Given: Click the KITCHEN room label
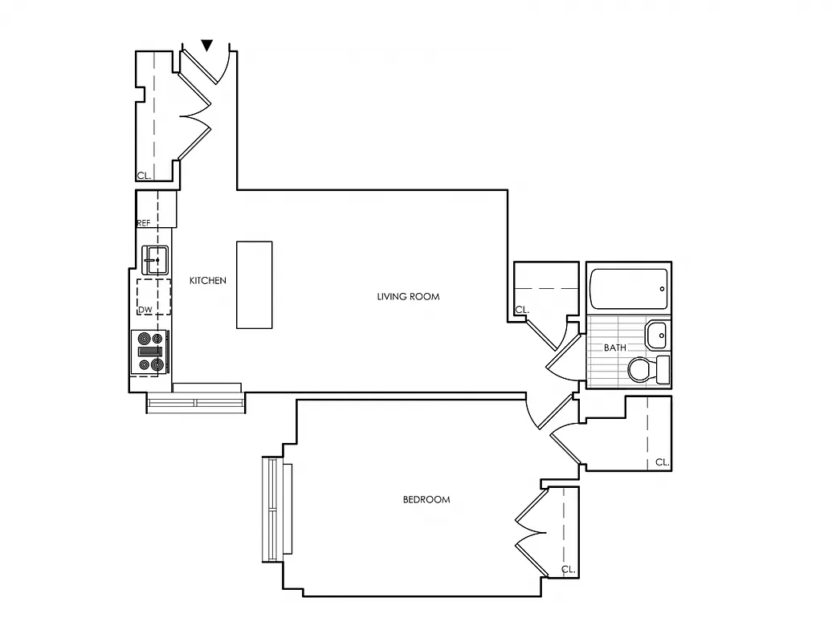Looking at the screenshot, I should click(207, 281).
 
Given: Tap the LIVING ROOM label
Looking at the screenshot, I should click(408, 297).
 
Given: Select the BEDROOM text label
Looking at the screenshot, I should click(426, 500).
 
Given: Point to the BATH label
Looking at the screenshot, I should click(615, 348).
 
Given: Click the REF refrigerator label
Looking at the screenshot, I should click(144, 223).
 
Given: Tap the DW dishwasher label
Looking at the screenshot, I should click(145, 310).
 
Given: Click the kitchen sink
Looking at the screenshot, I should click(155, 257).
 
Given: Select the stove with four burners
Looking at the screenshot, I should click(150, 351).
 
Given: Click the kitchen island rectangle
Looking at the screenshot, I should click(254, 285).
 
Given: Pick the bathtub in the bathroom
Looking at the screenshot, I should click(629, 289).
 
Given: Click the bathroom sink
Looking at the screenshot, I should click(657, 334).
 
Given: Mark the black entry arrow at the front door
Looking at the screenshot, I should click(208, 46).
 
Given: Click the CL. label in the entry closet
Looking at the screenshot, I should click(144, 175).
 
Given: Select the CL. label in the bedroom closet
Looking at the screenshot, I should click(569, 570).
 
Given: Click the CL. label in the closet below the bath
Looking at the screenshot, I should click(662, 462).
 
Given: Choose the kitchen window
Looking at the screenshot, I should click(196, 402).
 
